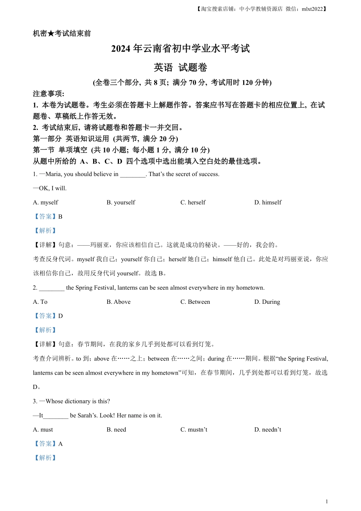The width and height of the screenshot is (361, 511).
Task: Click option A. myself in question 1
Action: (x=46, y=202)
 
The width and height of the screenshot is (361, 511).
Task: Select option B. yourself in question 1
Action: (x=121, y=202)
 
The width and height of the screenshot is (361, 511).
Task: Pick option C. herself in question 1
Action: (x=193, y=202)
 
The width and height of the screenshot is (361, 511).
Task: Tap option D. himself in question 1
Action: (x=268, y=202)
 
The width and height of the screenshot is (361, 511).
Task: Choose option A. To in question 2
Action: (x=40, y=302)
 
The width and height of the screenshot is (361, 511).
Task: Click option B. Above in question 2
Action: (x=119, y=302)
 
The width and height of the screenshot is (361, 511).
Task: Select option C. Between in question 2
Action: (x=195, y=302)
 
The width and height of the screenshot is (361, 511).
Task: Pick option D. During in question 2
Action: (x=267, y=302)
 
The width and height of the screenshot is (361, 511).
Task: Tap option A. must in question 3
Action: (x=43, y=430)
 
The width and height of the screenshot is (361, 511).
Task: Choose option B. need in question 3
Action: (x=116, y=430)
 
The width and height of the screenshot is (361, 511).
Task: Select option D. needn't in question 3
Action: (x=268, y=430)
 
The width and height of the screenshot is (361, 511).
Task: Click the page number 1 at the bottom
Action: (x=327, y=501)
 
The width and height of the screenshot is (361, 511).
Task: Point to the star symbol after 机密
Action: (x=51, y=33)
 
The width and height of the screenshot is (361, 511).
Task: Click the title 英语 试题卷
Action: (x=180, y=68)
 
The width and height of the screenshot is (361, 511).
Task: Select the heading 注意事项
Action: (x=48, y=94)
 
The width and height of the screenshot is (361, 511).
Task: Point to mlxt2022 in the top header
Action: (x=312, y=9)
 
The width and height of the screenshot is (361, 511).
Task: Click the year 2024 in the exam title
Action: (x=121, y=49)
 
